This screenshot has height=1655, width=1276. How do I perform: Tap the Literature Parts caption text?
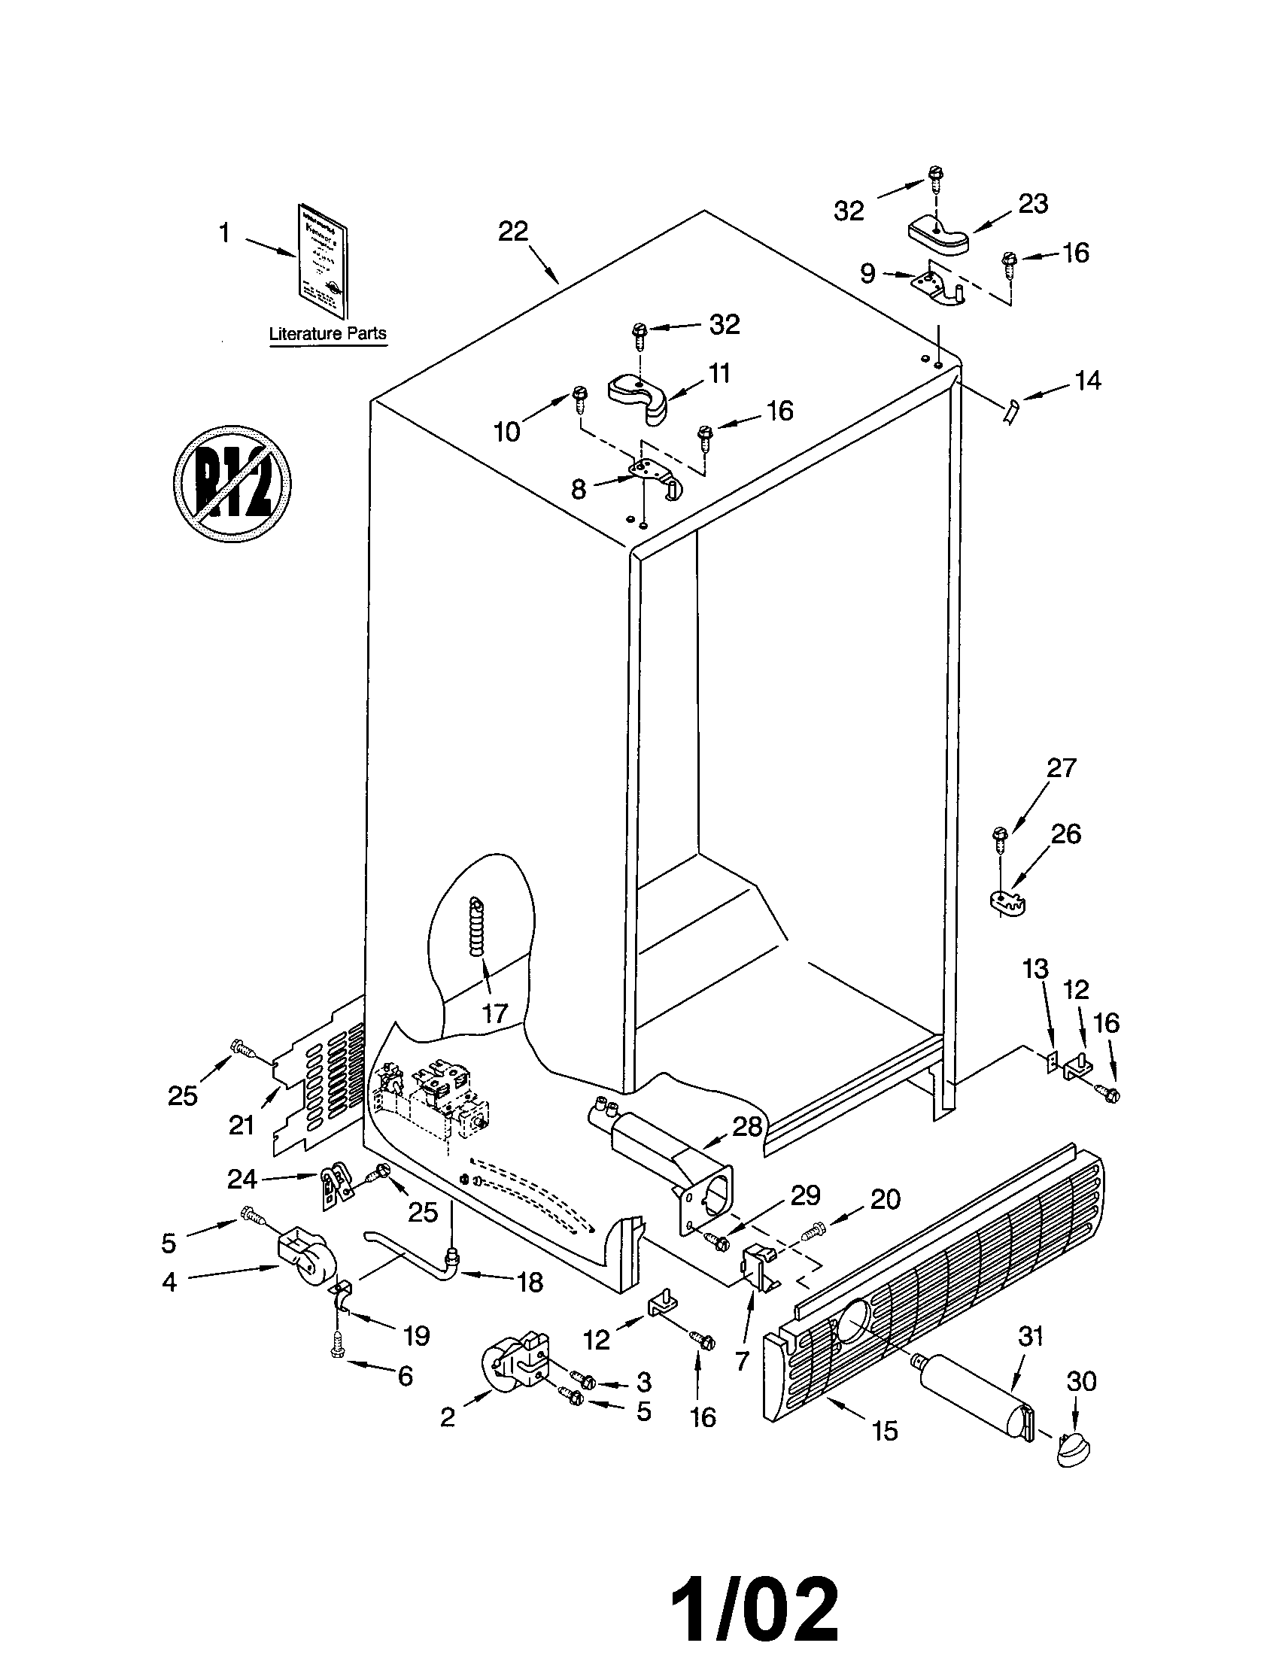tap(327, 333)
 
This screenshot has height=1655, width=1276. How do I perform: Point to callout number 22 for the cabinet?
tap(512, 231)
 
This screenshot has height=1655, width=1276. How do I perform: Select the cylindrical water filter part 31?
tap(974, 1392)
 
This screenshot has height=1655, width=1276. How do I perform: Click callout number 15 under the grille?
tap(884, 1431)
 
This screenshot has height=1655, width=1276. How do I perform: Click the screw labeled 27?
tap(999, 840)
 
